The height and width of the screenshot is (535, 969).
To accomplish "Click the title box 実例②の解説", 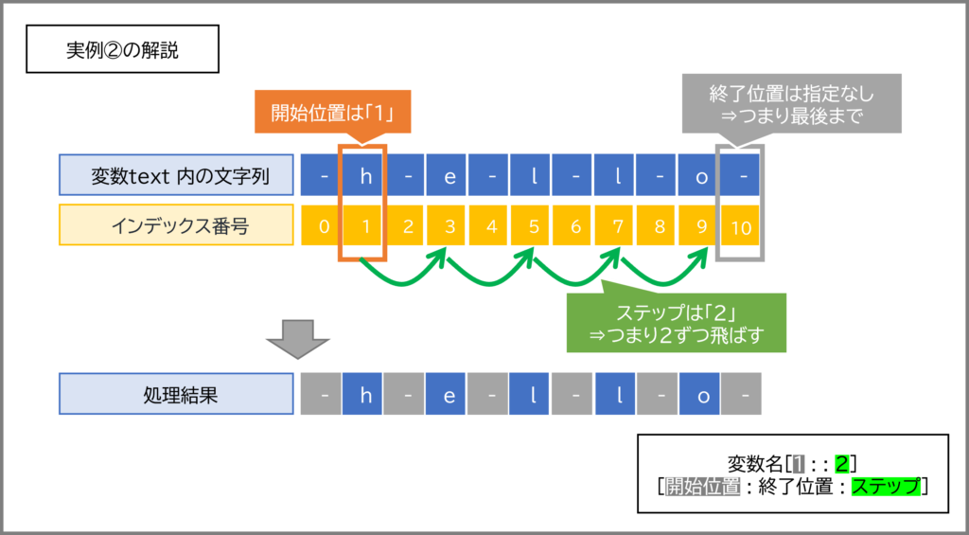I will (x=122, y=50).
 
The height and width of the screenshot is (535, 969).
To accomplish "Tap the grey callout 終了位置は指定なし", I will (x=791, y=106).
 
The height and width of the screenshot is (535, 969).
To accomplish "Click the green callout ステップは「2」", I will (x=676, y=324).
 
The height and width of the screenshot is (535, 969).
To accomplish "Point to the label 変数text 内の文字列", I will (x=176, y=175).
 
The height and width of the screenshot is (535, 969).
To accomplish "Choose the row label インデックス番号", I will (x=176, y=226).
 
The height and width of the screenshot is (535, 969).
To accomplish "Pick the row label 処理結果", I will (x=176, y=394).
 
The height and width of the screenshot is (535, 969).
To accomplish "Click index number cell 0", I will (x=324, y=227).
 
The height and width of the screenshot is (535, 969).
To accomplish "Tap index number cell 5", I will (x=533, y=227).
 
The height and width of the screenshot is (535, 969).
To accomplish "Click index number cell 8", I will (x=659, y=227).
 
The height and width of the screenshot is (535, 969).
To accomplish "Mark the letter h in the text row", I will (x=364, y=176).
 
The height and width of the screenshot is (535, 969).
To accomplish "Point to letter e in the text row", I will (x=449, y=176).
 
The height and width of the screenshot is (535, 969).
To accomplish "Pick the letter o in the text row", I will (x=700, y=176).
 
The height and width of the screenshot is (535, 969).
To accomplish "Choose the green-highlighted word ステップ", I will (x=886, y=487).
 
